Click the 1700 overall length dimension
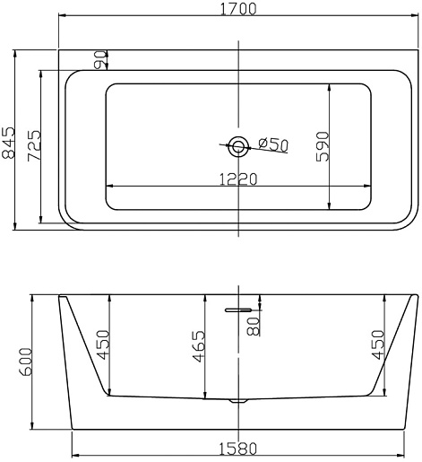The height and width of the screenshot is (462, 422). click(x=238, y=9)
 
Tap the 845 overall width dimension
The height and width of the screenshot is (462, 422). click(x=8, y=143)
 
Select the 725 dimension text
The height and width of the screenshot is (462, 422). click(x=34, y=145)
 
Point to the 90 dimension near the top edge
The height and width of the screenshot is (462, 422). click(x=100, y=60)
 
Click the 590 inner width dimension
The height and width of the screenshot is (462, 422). click(x=323, y=146)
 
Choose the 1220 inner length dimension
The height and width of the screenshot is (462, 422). click(x=238, y=179)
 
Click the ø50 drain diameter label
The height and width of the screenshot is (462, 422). click(x=273, y=144)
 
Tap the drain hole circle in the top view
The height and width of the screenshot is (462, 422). click(x=238, y=146)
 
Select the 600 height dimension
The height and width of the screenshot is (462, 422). click(x=25, y=362)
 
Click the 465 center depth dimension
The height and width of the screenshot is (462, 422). click(x=199, y=346)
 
